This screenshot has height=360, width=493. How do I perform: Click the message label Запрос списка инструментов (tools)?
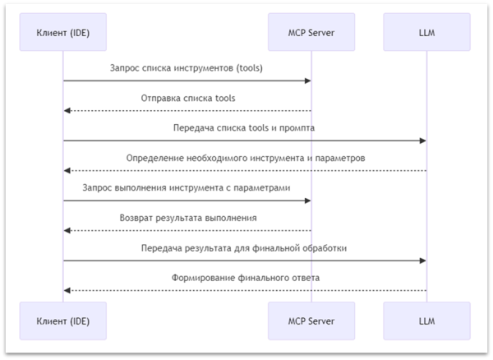pos(187,68)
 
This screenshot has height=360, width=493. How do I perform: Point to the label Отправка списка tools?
pos(187,98)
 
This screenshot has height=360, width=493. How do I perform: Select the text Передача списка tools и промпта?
pos(244,128)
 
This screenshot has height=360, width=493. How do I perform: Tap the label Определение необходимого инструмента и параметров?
pos(244,158)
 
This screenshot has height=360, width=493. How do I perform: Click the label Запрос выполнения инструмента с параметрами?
pos(187,187)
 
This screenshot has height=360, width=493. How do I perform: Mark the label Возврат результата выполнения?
pos(187,218)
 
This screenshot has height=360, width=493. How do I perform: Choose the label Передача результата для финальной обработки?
pos(244,247)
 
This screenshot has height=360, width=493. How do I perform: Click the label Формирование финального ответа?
pos(244,277)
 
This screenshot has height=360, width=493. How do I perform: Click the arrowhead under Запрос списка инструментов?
pos(307,81)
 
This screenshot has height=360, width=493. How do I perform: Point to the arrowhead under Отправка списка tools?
pos(67,110)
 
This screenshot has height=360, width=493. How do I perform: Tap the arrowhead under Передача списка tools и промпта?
pos(422,141)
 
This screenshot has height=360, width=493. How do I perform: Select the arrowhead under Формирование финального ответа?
pos(67,290)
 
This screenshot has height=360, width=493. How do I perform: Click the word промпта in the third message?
pos(297,128)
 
